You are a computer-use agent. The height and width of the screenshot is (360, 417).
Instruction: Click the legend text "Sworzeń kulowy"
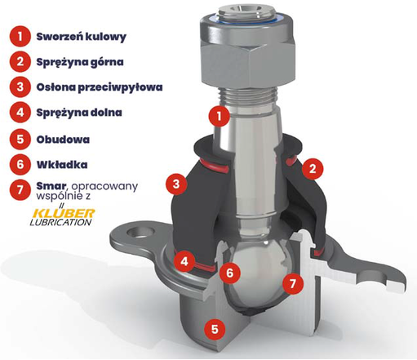pos(82,37)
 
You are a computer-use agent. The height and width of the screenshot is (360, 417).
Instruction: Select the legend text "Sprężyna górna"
pos(80,62)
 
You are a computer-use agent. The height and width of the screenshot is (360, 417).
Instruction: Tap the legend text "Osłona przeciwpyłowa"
pos(100,87)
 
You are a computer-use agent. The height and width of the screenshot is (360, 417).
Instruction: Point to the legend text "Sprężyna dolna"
pos(79,113)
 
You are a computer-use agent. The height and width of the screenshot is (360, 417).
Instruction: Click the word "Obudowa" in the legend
pos(63,140)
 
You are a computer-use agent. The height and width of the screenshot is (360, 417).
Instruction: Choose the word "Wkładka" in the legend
pos(62,165)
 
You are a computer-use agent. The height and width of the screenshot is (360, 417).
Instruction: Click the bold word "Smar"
pos(51,186)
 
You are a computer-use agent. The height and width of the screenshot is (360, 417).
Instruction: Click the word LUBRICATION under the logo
pos(60,222)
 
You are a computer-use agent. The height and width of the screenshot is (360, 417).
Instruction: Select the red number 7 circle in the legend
pos(20,189)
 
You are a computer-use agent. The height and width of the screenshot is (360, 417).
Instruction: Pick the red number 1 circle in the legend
pos(20,36)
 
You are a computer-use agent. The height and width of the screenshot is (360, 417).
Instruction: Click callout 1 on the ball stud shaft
pos(219,116)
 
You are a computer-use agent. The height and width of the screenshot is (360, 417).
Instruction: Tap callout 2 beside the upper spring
pos(313,169)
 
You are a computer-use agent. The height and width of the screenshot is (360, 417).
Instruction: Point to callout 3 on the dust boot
pos(176,184)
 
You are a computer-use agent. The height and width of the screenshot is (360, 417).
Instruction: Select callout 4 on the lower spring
pos(184,261)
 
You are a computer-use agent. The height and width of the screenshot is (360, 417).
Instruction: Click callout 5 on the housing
pos(215,329)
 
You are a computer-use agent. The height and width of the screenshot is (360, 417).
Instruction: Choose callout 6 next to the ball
pos(230,273)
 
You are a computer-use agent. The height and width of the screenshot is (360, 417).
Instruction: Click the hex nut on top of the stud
pos(247,54)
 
